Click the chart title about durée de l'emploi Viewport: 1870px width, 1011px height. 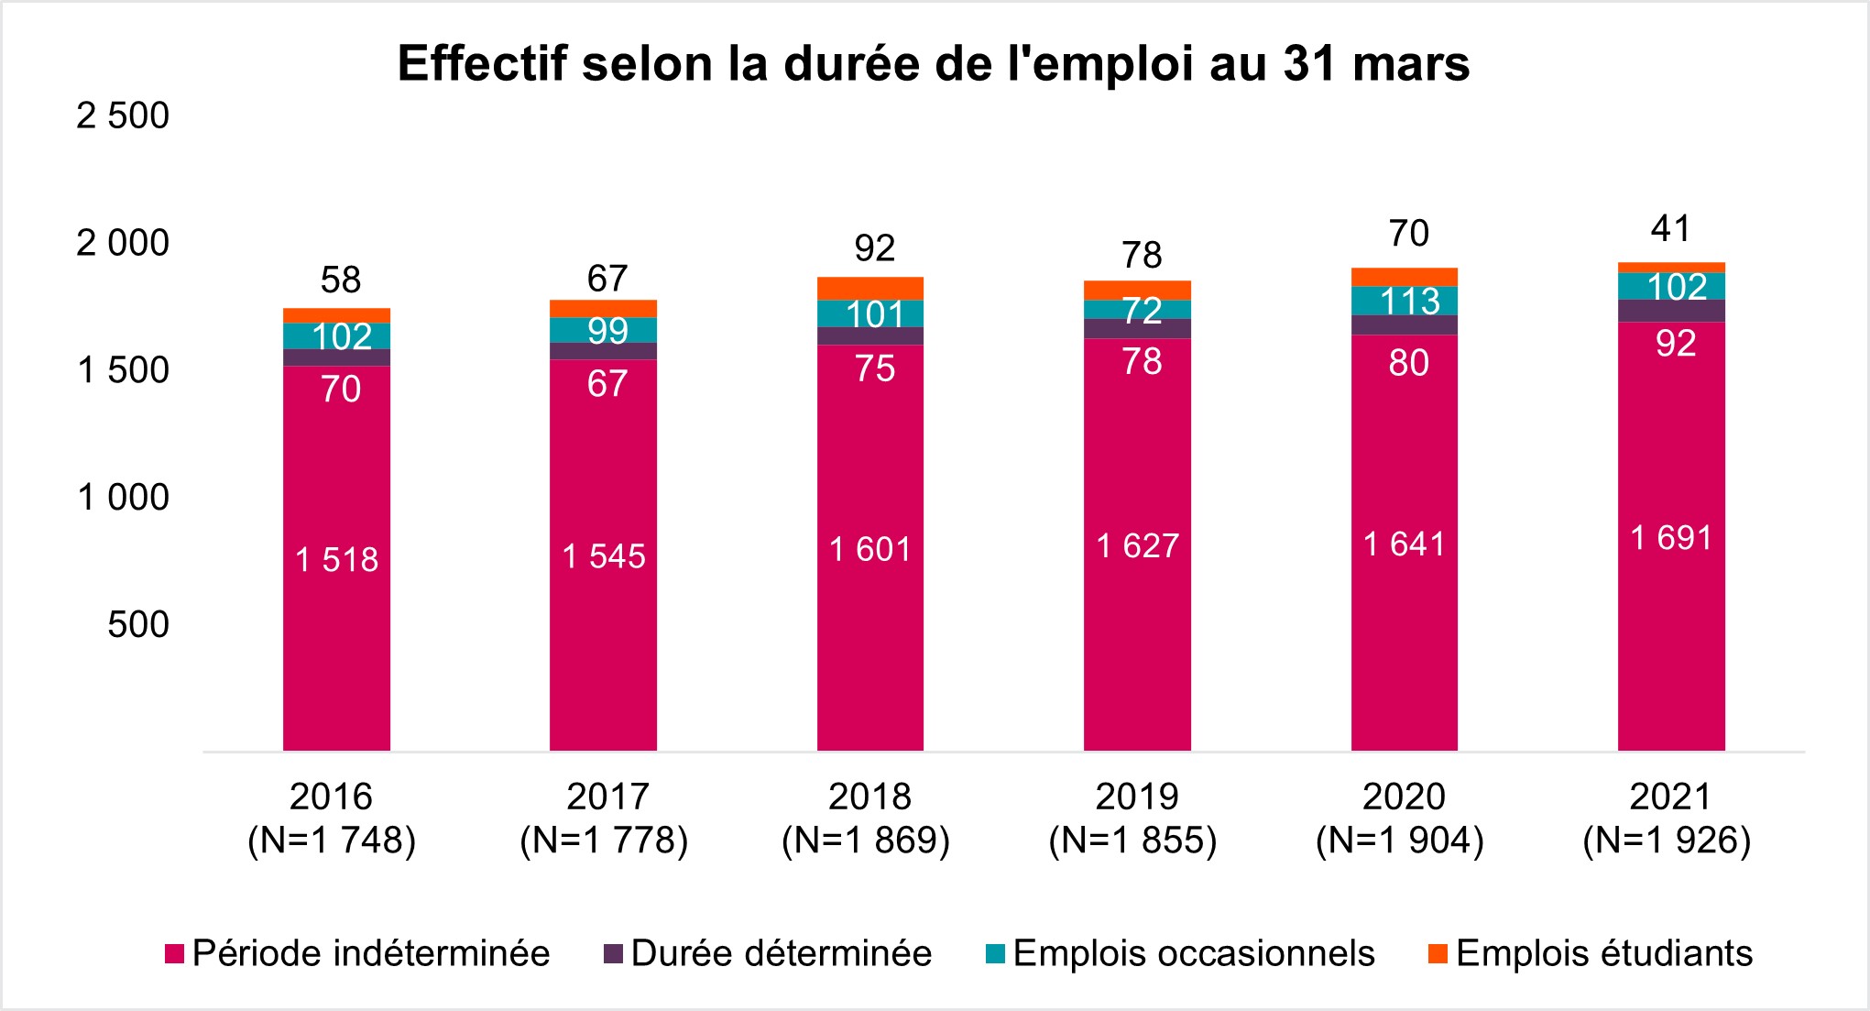tap(933, 64)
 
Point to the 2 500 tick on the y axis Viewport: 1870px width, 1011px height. tap(123, 116)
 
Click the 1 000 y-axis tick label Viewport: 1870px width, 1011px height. tap(123, 498)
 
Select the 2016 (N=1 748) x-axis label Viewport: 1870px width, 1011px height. tap(332, 819)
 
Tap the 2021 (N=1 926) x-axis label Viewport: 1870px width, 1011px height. tap(1668, 819)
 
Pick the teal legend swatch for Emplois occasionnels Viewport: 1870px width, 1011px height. tap(995, 954)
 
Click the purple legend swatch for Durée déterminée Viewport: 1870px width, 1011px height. tap(613, 954)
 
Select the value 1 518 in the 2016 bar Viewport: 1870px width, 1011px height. tap(336, 559)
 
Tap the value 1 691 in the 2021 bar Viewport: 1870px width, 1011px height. tap(1671, 538)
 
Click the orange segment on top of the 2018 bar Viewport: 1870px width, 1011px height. tap(870, 288)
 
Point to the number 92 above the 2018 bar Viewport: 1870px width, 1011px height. tap(874, 248)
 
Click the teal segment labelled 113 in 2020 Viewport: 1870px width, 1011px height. tap(1405, 301)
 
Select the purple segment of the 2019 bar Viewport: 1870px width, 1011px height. tap(1137, 328)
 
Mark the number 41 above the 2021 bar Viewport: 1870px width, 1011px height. tap(1670, 228)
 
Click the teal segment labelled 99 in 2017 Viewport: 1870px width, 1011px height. tap(603, 330)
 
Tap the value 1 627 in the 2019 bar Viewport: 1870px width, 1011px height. tap(1137, 546)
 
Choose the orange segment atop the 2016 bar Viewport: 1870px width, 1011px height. tap(336, 315)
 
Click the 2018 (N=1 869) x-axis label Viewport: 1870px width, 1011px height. tap(867, 819)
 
